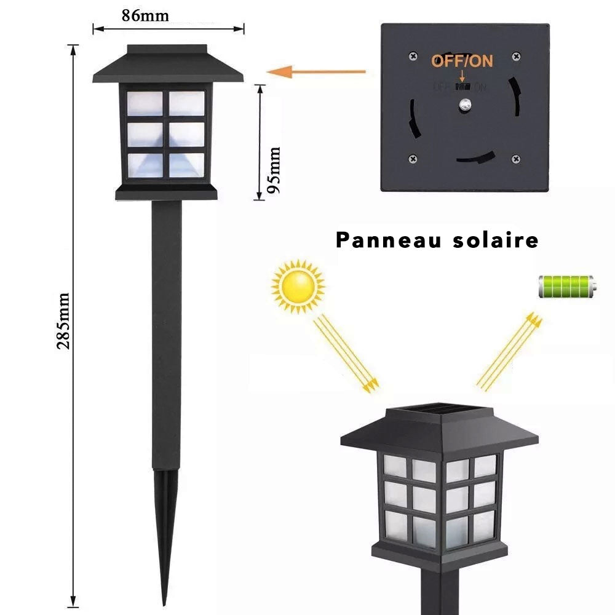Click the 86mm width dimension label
(x=145, y=15)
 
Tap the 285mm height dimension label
(x=63, y=320)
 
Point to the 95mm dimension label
(x=274, y=170)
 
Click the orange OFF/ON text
(x=462, y=60)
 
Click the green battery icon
(x=566, y=286)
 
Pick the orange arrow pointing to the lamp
(x=319, y=72)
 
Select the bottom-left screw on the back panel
(x=412, y=159)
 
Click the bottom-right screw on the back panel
(x=515, y=159)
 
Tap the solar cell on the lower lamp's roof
(x=438, y=409)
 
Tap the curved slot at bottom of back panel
(x=476, y=157)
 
